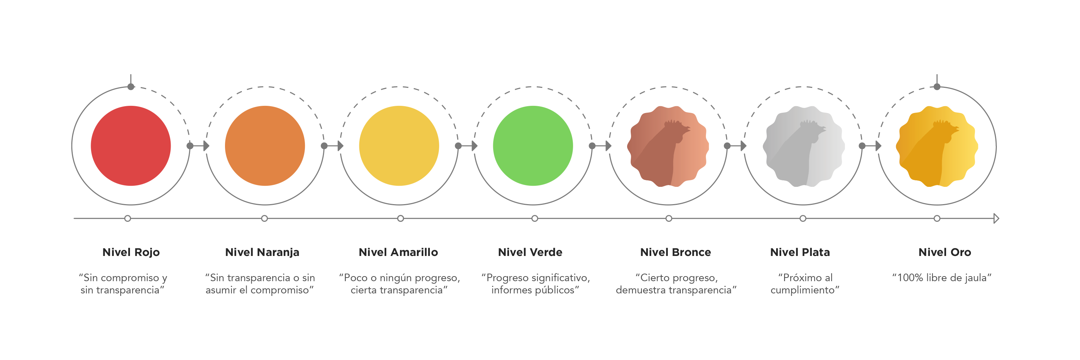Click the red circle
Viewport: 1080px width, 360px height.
[x=131, y=146]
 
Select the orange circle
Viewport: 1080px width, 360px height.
[x=265, y=146]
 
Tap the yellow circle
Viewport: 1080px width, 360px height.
[x=399, y=146]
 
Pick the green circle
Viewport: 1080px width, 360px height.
[x=533, y=146]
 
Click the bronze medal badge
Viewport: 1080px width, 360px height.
[x=668, y=146]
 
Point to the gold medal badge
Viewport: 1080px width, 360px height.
[x=937, y=146]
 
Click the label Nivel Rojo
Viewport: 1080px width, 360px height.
[x=131, y=252]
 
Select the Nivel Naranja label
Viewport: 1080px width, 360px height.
[x=262, y=252]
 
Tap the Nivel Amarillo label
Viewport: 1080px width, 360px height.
[x=398, y=252]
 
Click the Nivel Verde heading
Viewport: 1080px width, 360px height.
[x=530, y=252]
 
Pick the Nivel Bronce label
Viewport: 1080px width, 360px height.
[x=675, y=252]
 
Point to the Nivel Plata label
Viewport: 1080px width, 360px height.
[x=800, y=252]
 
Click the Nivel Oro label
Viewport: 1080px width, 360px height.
[x=945, y=252]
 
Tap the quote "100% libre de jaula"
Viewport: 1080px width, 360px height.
[x=942, y=278]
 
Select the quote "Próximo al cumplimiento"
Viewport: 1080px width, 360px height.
[x=805, y=284]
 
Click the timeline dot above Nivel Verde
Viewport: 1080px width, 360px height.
[x=535, y=219]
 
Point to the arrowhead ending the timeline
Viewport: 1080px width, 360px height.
[x=996, y=219]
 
